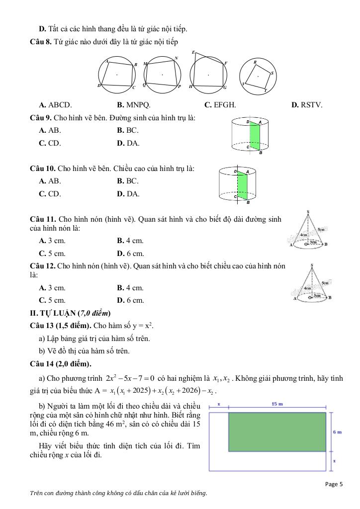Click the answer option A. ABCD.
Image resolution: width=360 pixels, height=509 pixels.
click(x=55, y=105)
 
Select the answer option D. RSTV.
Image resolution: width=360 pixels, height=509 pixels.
click(x=307, y=105)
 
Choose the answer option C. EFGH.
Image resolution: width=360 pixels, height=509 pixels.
click(x=220, y=105)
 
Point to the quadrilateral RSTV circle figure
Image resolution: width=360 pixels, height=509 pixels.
click(x=258, y=76)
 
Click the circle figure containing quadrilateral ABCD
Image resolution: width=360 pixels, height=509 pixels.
click(x=117, y=75)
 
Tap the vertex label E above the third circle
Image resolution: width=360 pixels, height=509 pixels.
click(x=193, y=52)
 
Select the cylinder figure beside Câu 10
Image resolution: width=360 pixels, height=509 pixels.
click(x=241, y=185)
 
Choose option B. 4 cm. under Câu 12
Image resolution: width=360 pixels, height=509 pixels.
click(x=130, y=288)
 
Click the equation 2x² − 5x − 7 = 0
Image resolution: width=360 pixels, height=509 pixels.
click(x=130, y=379)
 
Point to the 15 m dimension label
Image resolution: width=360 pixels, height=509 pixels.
click(x=277, y=404)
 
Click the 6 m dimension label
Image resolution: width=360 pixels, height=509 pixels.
click(x=336, y=432)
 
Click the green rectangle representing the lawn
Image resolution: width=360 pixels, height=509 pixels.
click(x=277, y=431)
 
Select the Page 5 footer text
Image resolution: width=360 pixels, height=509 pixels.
click(x=334, y=484)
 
